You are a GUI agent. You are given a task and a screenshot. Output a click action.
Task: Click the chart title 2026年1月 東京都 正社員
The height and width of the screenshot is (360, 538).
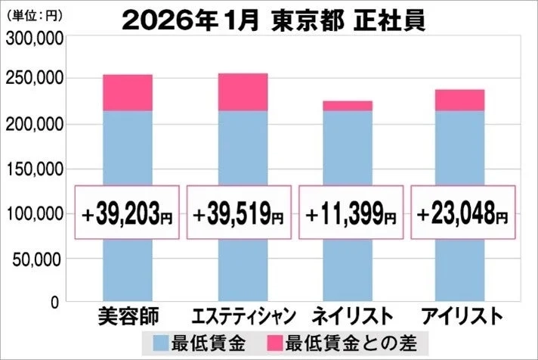[273, 20]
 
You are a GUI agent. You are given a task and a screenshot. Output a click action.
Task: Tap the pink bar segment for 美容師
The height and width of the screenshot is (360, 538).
[127, 93]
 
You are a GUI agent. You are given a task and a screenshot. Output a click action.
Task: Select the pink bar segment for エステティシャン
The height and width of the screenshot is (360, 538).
[242, 92]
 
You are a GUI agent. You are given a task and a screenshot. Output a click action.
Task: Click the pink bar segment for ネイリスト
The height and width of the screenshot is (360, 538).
[347, 106]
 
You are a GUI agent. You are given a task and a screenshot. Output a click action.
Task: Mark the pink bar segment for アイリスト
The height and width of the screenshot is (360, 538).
[459, 100]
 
